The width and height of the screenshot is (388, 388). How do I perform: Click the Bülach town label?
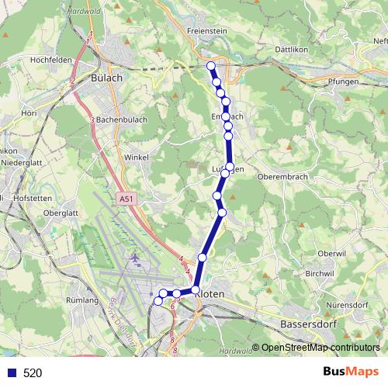pos(106,78)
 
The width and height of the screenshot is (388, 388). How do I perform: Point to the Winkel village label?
pos(136,157)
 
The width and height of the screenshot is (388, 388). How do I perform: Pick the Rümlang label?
pos(81,300)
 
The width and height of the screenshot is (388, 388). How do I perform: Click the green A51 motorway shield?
pos(126,199)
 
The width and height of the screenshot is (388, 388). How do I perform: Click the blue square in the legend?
pos(9,372)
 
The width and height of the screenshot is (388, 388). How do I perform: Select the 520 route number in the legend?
pos(33,372)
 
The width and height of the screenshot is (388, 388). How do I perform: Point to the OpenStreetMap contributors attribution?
pos(320,347)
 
